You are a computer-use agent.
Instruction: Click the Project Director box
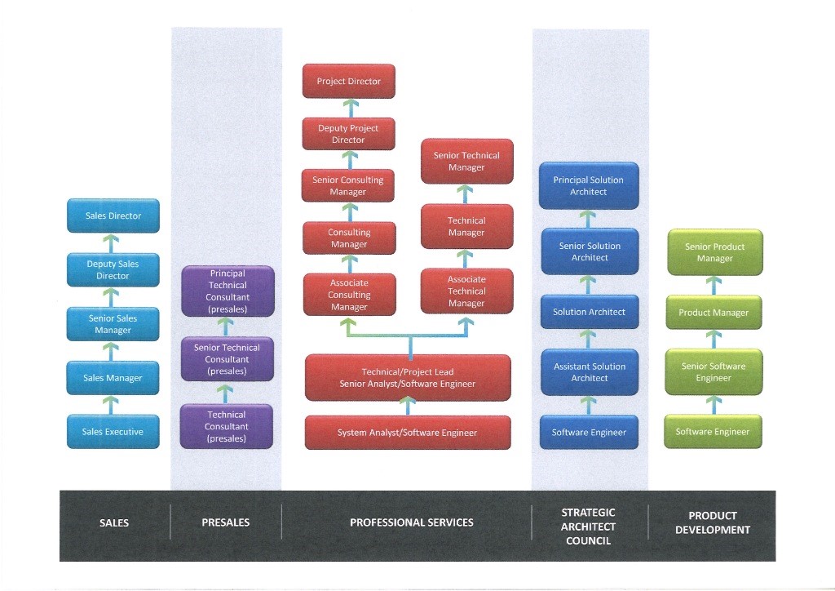(x=348, y=82)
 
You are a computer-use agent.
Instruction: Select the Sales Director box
(x=113, y=216)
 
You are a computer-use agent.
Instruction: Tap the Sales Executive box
(x=113, y=432)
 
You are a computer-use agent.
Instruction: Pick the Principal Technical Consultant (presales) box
(x=228, y=291)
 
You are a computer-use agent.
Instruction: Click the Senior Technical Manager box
(x=466, y=161)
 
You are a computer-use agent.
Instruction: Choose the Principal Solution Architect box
(x=589, y=186)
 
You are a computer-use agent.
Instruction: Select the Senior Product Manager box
(x=714, y=252)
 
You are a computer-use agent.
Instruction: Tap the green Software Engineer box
(x=713, y=432)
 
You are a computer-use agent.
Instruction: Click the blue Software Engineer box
(x=589, y=432)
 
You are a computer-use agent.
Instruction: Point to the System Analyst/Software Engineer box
(x=408, y=433)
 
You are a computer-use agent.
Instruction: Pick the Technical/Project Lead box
(x=408, y=377)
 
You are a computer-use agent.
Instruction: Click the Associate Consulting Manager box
(x=349, y=295)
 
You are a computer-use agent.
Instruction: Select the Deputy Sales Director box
(x=113, y=270)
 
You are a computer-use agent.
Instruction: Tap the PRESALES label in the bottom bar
(x=226, y=522)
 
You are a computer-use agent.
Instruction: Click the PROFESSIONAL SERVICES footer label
(x=411, y=522)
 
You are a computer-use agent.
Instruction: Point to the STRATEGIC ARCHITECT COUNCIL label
(x=589, y=527)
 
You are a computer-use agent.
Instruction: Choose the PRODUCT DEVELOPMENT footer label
(x=712, y=522)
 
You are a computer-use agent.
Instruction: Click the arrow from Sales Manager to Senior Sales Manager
(x=113, y=351)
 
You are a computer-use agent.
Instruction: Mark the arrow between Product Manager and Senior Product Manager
(x=714, y=285)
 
